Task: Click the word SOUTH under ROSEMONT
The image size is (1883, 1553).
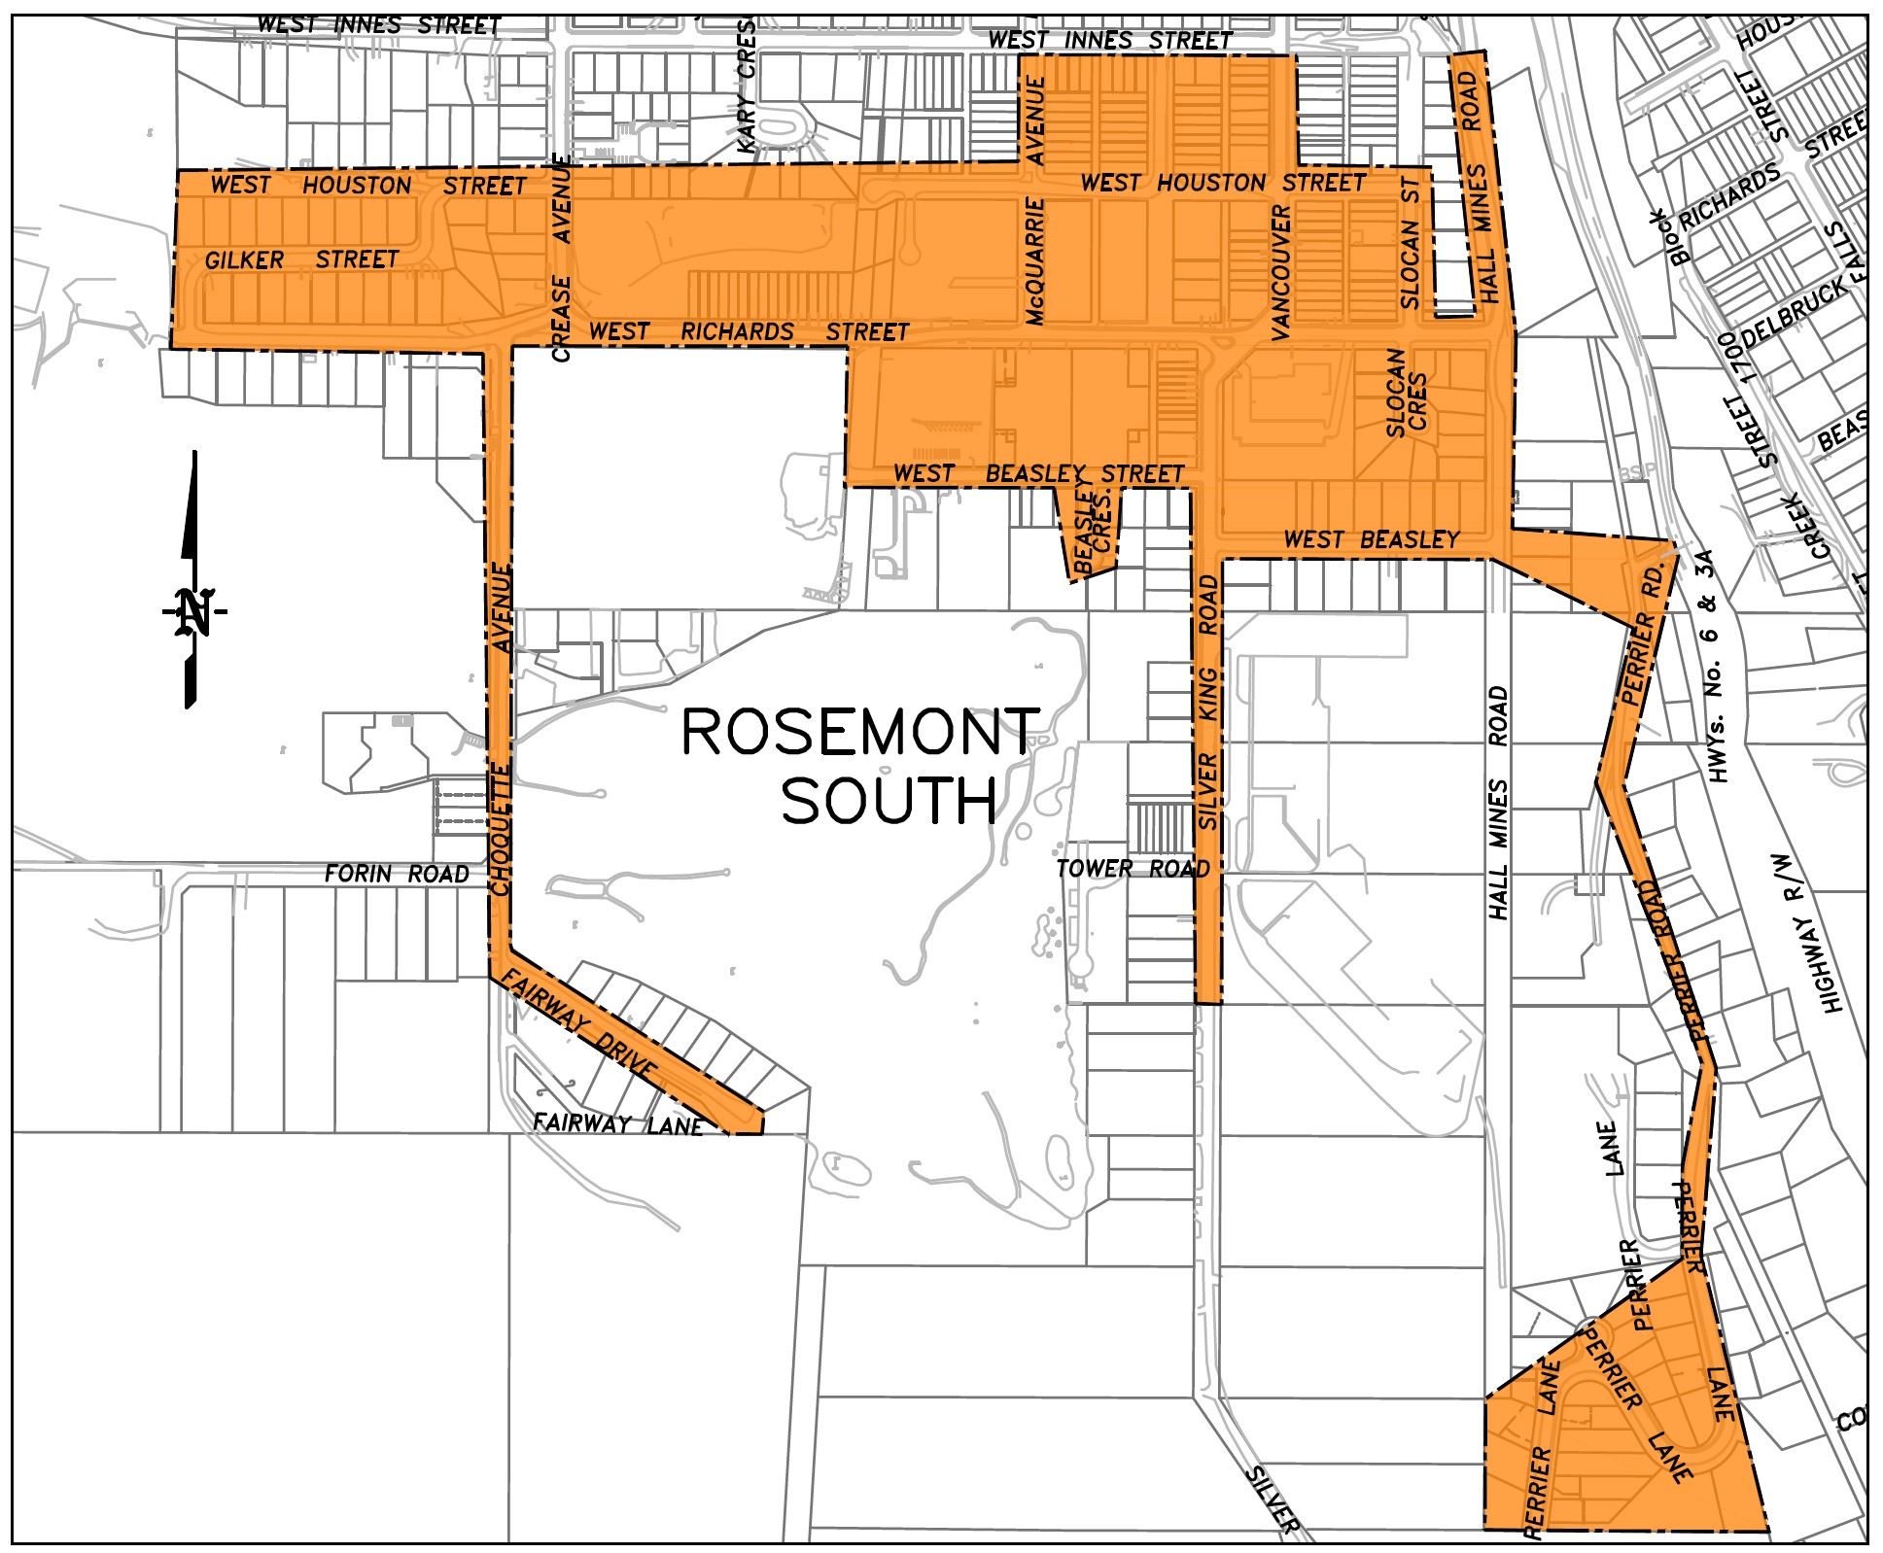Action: (890, 803)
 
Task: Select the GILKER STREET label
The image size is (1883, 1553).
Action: (301, 259)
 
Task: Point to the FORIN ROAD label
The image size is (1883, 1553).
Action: (397, 874)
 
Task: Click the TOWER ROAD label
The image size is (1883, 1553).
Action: (1133, 868)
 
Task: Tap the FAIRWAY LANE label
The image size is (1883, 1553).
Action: (617, 1125)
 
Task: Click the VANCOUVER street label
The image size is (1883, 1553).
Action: (1279, 272)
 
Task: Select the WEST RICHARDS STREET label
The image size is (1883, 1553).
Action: (749, 332)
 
